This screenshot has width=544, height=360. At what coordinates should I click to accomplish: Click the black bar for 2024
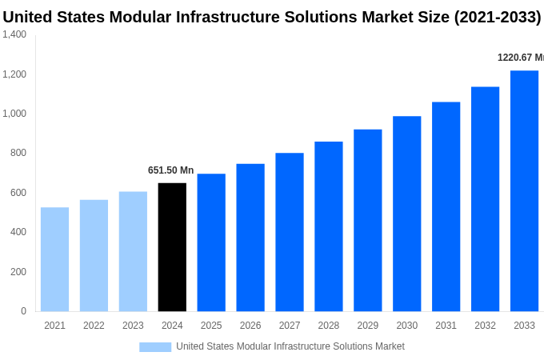coord(172,247)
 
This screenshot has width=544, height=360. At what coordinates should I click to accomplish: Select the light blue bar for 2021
coord(54,259)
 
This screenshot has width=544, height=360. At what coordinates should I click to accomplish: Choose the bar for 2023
coord(133,251)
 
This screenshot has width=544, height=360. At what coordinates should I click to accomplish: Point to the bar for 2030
coord(406,214)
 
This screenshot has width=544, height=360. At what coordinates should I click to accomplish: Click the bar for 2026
coord(250,238)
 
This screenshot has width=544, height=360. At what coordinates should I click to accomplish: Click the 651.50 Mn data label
coord(170,170)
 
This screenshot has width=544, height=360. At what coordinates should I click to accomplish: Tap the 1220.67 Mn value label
coord(520,58)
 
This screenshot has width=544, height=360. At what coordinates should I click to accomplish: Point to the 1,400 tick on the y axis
coord(14,34)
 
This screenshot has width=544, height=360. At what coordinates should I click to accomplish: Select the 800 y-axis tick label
coord(18,153)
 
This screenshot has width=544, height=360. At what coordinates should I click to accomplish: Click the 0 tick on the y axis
coord(23,311)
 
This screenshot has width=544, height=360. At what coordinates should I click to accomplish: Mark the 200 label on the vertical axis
coord(18,272)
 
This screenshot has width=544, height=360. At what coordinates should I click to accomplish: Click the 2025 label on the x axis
coord(211,326)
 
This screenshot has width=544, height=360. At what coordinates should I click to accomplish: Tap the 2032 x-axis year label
coord(485,326)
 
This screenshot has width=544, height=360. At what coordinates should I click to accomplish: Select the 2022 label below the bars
coord(94,326)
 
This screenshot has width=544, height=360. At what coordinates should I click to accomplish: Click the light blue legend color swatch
coord(155,346)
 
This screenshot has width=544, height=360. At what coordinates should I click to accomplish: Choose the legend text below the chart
coord(290,346)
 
